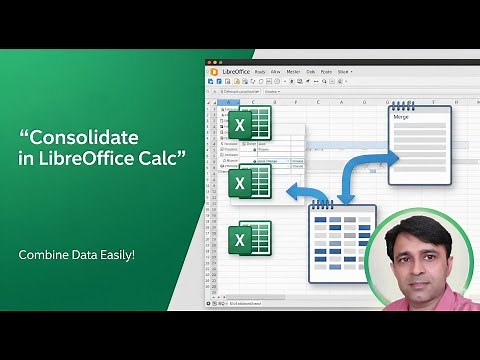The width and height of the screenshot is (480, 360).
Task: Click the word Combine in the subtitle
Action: (x=43, y=255)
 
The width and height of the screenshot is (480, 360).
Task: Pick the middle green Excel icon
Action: (x=248, y=182)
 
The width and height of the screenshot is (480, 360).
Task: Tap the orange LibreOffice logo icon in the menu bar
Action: (x=213, y=71)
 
